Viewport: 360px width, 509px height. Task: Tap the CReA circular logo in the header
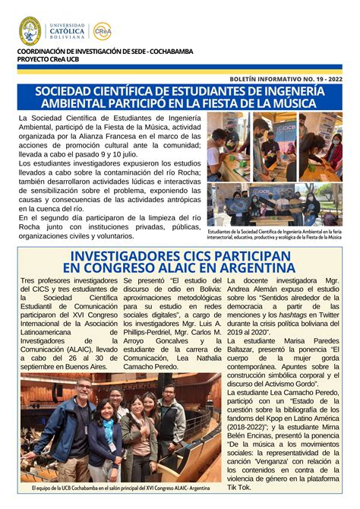pos(102,31)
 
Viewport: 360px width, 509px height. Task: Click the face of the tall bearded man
pos(83,388)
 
